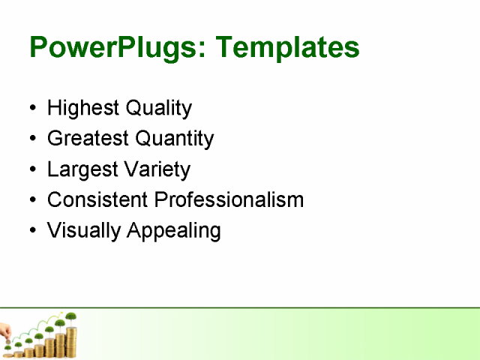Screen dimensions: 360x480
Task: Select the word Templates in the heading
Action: click(287, 48)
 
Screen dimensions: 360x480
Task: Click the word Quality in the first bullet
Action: click(158, 109)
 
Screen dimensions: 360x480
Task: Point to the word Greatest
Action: click(88, 139)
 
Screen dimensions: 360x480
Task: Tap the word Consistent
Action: click(97, 200)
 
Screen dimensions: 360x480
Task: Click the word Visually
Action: click(84, 230)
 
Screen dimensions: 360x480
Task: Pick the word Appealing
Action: click(174, 231)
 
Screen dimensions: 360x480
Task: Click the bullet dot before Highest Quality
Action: click(31, 109)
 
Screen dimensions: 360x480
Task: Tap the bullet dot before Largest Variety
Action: click(31, 170)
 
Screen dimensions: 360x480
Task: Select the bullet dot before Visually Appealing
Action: click(31, 231)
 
